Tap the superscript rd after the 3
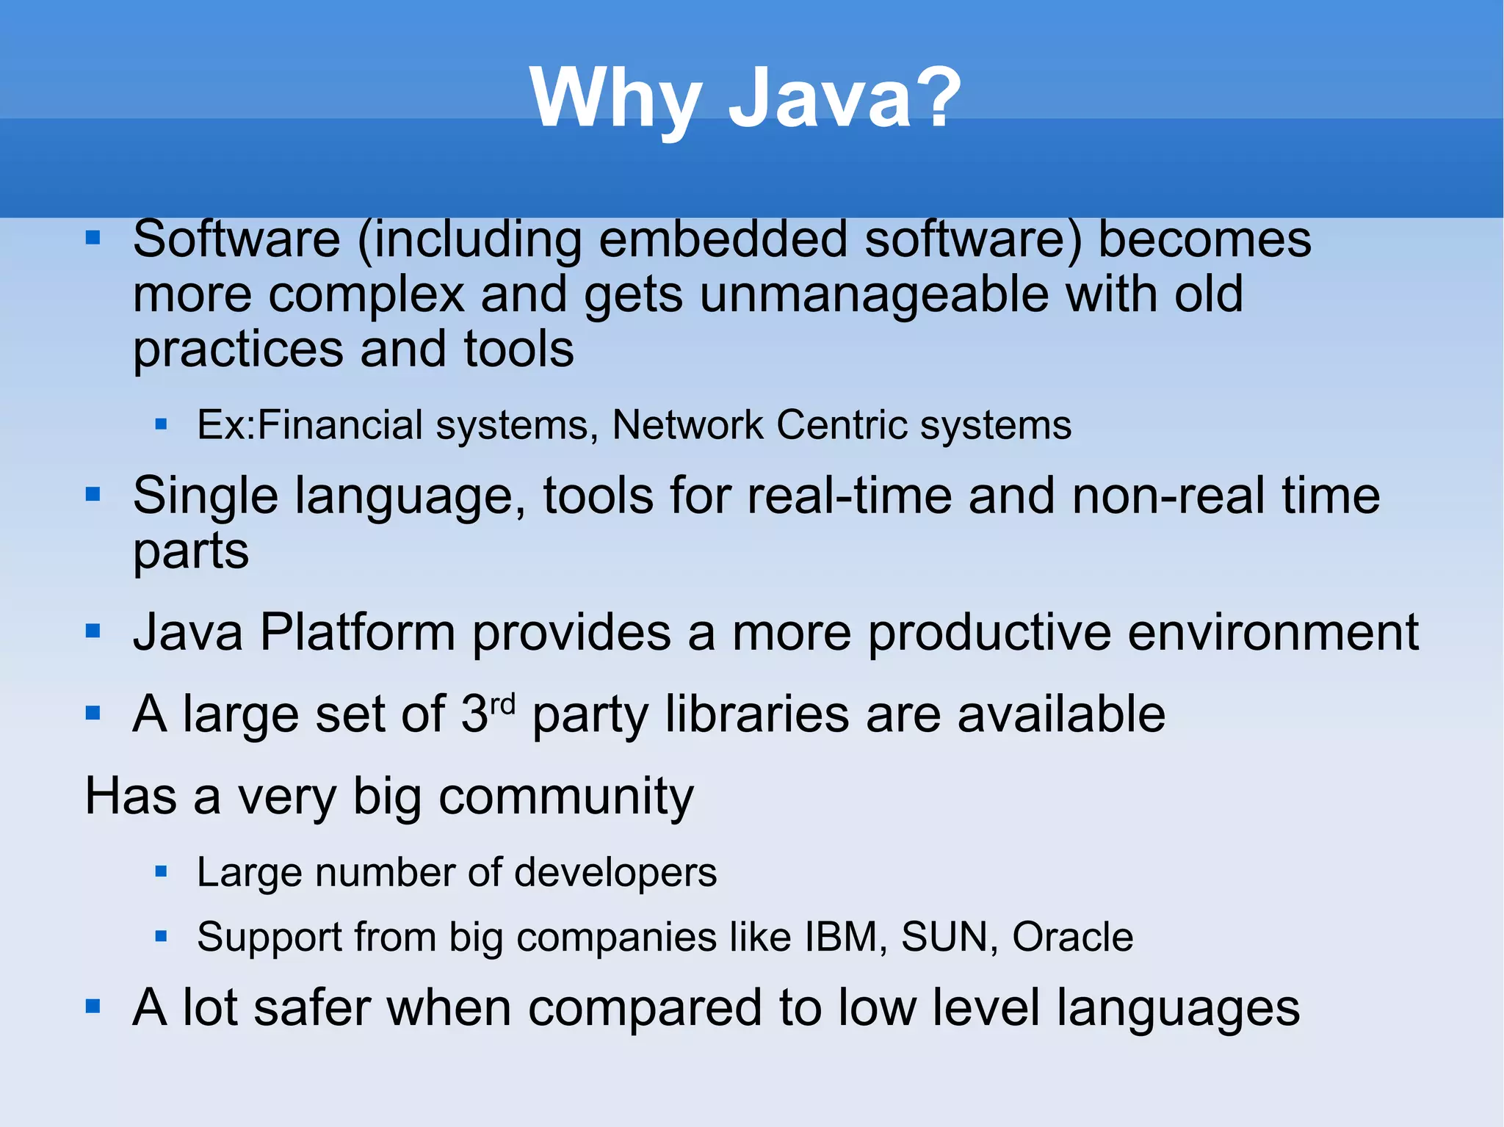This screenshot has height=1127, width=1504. (x=502, y=705)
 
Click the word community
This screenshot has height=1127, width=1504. (x=565, y=797)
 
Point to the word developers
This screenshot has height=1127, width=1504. (x=615, y=873)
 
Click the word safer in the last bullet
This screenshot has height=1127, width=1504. (x=311, y=1008)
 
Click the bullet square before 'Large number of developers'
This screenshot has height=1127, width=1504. (x=162, y=872)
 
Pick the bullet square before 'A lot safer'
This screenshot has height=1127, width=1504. (x=93, y=1006)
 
